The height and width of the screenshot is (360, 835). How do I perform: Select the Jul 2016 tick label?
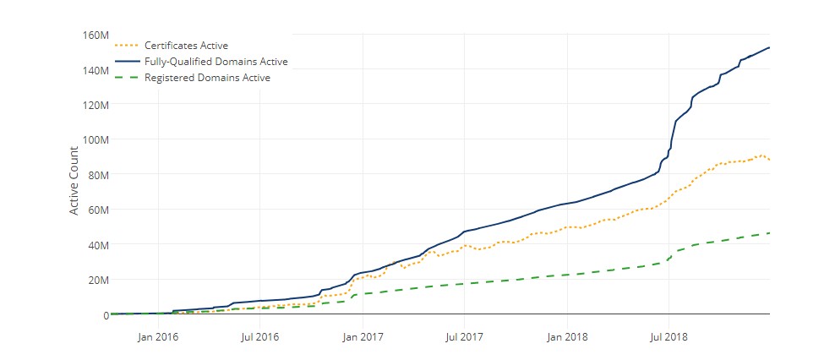click(259, 337)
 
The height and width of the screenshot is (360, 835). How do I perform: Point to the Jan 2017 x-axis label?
click(363, 337)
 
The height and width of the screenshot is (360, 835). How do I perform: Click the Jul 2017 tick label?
click(464, 337)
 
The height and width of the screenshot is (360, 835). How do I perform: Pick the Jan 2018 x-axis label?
click(566, 337)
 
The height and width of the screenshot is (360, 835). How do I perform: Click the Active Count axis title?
click(74, 180)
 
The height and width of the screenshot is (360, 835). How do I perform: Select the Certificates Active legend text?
click(186, 45)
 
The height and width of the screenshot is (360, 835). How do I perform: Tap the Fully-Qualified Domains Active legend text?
click(216, 62)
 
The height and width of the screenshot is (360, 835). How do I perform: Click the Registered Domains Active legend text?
click(207, 78)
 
